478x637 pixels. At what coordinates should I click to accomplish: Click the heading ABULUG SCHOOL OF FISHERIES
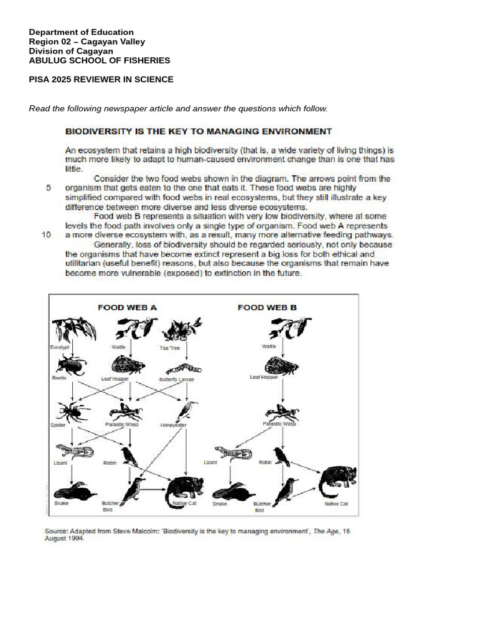(x=100, y=60)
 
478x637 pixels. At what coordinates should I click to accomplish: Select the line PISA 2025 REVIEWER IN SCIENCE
(x=101, y=80)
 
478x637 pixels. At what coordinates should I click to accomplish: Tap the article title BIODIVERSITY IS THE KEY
(x=199, y=131)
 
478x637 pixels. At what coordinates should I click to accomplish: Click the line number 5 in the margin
(x=49, y=187)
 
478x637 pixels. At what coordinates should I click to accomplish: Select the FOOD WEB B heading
(x=267, y=307)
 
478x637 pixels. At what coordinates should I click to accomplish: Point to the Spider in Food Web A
(x=72, y=411)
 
